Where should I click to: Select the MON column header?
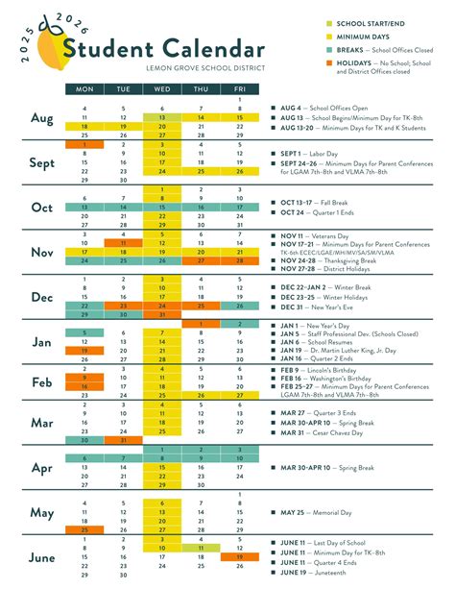click(x=84, y=89)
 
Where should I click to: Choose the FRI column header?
click(x=238, y=89)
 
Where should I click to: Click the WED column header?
click(x=161, y=89)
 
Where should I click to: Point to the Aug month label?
click(x=41, y=119)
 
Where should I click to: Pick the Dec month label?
click(x=41, y=298)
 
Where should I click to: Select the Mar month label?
click(x=41, y=422)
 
